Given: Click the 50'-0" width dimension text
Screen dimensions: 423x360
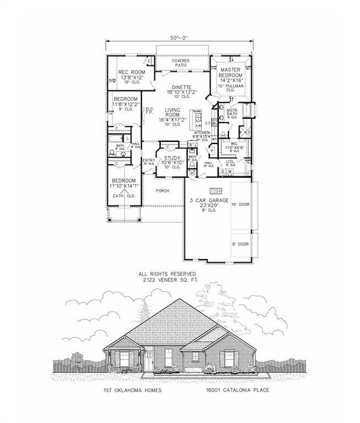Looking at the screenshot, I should (x=179, y=38).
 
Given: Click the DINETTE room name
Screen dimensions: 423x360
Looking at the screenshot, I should (x=181, y=87).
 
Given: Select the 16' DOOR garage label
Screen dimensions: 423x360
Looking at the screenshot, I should (x=240, y=204).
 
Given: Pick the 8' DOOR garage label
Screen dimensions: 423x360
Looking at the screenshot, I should (x=240, y=244).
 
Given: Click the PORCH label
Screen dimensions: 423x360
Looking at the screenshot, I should (x=162, y=190).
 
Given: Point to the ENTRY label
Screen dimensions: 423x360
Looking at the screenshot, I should (x=148, y=161).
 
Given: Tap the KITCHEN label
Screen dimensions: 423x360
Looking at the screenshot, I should (x=202, y=133).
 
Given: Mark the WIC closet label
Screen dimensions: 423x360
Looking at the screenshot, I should (x=233, y=144).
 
